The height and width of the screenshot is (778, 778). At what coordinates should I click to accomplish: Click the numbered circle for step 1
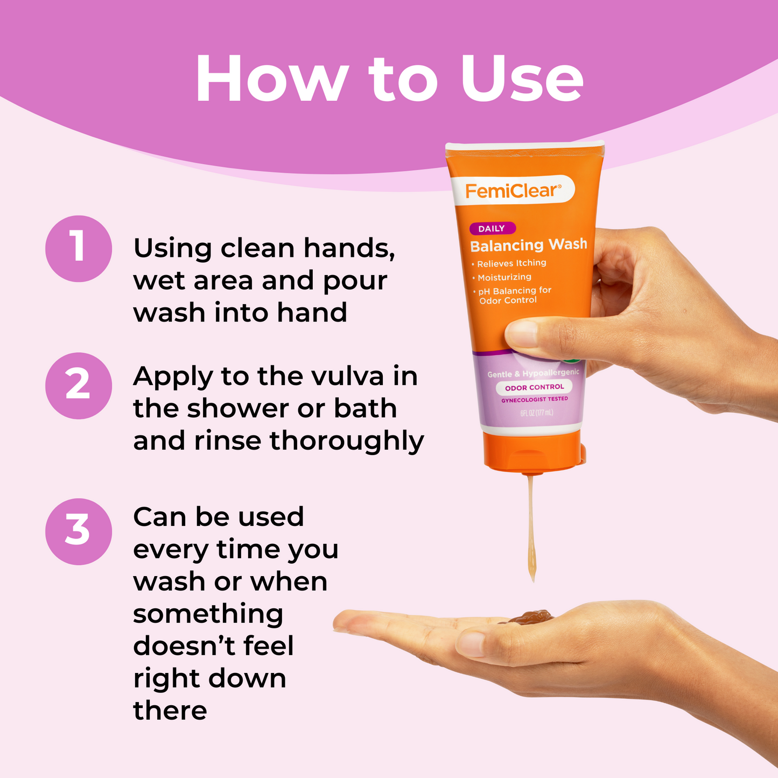click(x=78, y=248)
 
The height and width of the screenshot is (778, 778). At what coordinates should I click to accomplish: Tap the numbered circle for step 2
click(x=78, y=386)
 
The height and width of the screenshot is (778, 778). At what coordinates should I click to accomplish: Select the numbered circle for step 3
click(x=78, y=531)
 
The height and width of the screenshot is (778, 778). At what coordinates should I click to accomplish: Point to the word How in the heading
click(x=272, y=78)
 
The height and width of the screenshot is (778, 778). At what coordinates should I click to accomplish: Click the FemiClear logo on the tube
click(x=513, y=190)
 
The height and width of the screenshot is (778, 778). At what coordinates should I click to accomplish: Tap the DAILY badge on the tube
click(x=492, y=228)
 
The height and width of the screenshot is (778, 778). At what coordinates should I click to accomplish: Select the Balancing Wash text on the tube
click(x=528, y=245)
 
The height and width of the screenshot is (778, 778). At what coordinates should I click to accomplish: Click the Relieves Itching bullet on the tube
click(x=509, y=264)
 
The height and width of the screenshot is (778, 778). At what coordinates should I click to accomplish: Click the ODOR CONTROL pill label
click(x=534, y=387)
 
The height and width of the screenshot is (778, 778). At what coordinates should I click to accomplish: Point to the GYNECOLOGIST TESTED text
click(x=535, y=399)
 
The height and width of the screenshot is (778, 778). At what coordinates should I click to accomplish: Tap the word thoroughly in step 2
click(x=347, y=441)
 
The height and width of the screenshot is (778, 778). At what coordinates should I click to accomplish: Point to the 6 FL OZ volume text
click(x=537, y=412)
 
